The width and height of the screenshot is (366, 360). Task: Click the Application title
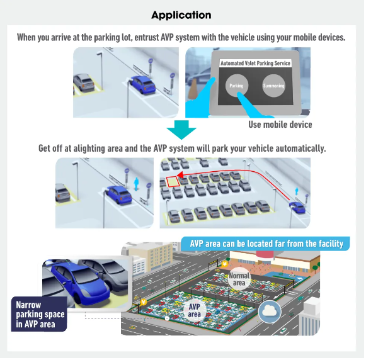point(181,15)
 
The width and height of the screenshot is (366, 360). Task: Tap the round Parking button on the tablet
point(236,86)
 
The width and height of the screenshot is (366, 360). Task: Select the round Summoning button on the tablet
point(273,86)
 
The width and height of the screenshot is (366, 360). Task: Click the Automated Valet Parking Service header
point(255,63)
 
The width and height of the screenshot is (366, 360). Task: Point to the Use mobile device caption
point(280,125)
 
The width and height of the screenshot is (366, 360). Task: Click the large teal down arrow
point(181,130)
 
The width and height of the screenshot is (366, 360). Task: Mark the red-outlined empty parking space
point(173,182)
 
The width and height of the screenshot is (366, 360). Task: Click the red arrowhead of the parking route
point(180,175)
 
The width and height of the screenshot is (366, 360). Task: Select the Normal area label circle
point(239,279)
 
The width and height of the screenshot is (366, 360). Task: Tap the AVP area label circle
point(194,310)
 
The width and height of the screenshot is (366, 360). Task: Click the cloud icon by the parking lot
point(270,312)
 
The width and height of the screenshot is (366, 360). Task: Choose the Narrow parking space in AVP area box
point(39,314)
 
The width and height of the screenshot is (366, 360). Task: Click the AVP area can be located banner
point(266,244)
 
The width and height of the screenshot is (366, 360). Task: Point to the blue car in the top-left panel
point(142,84)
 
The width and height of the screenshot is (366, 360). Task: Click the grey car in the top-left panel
point(84,82)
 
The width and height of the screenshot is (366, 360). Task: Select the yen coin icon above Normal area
point(224,264)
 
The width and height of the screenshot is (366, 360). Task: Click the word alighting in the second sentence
point(89,149)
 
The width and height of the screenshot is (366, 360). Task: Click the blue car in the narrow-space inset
point(80,282)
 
